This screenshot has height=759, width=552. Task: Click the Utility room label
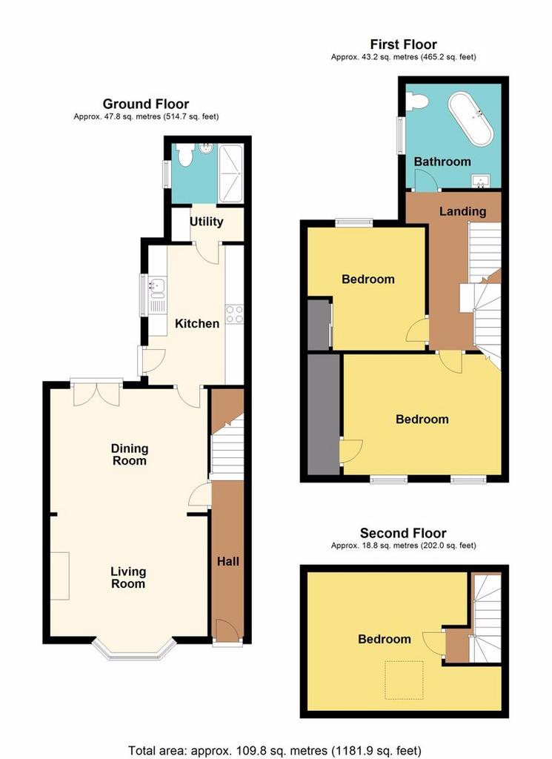point(206,222)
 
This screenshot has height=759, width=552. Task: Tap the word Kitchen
point(197,323)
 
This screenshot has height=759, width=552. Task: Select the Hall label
point(228,562)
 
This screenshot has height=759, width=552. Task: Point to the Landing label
point(462,211)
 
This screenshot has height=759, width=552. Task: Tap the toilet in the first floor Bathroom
point(417,102)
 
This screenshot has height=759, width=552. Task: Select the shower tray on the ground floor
point(230,173)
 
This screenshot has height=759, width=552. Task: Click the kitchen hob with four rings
point(234,314)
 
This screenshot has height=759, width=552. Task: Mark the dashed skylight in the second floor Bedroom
point(404,680)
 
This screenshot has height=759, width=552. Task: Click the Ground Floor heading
point(146,104)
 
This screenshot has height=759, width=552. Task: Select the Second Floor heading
point(403,534)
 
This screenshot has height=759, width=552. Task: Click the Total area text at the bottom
point(275,751)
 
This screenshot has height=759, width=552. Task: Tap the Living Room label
point(128,577)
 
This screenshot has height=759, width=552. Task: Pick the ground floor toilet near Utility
point(184,154)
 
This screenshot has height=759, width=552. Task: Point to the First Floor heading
point(404,44)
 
